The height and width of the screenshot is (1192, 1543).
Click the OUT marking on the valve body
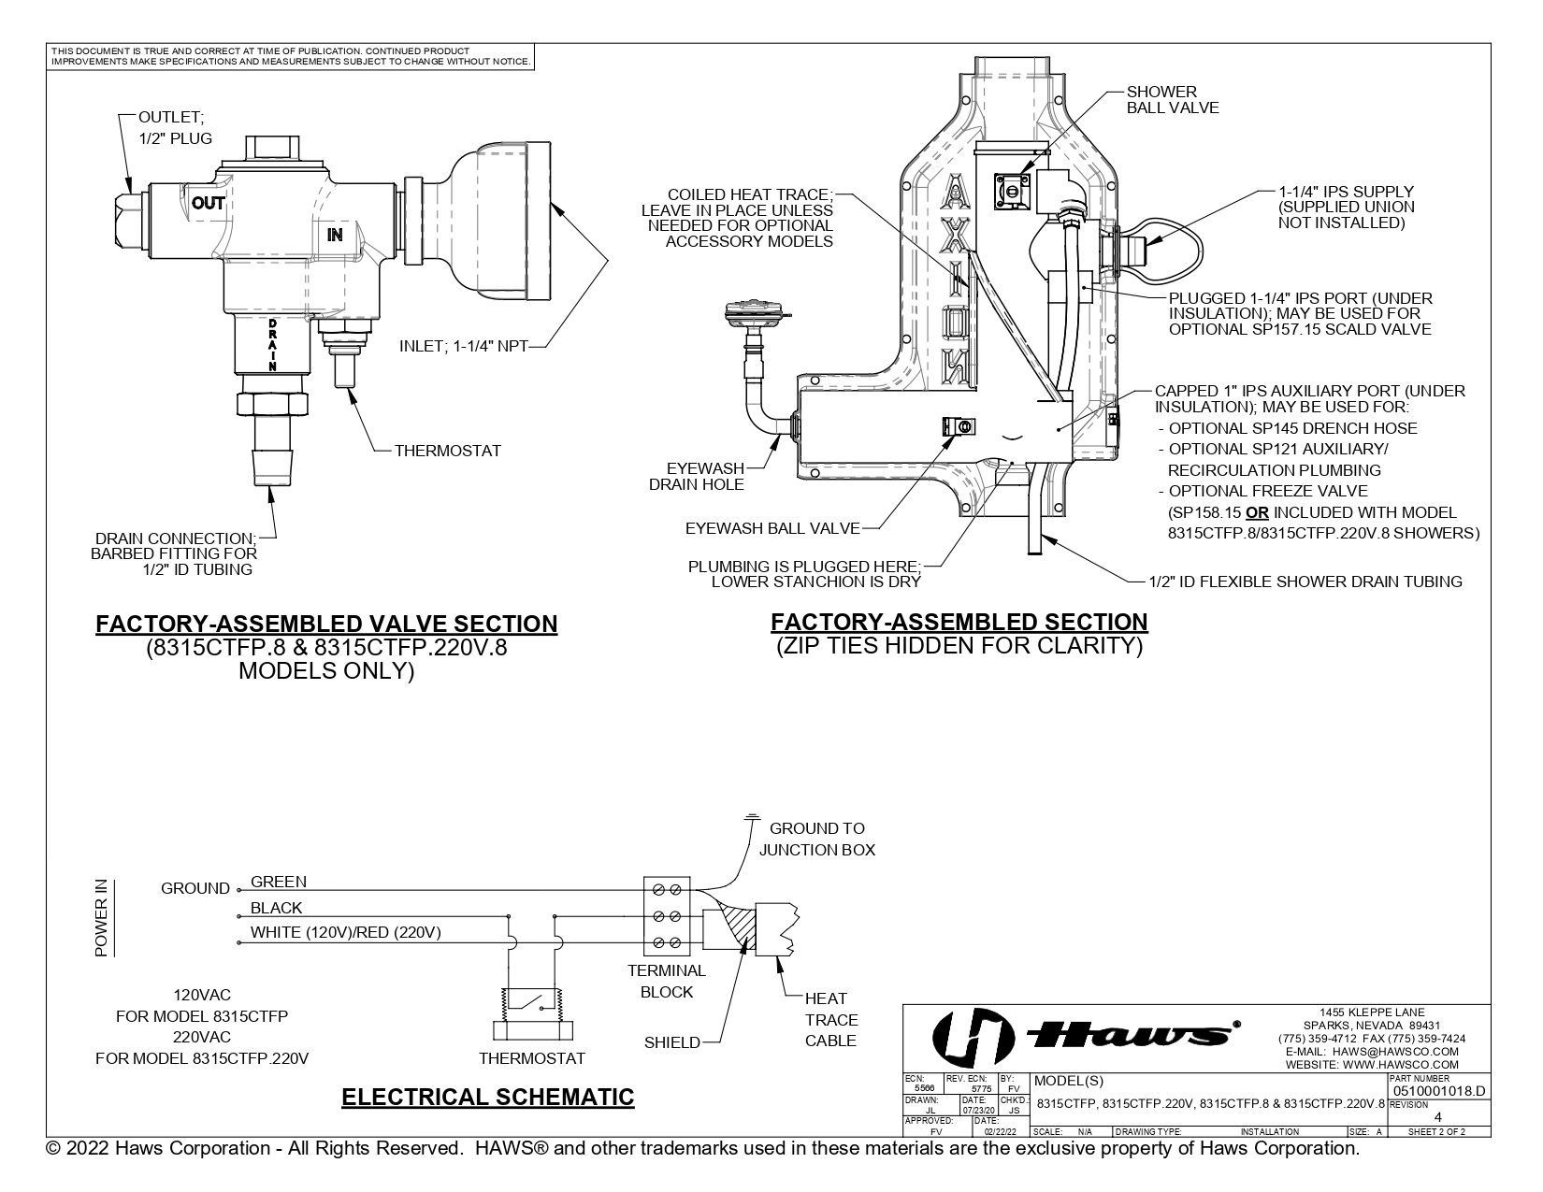(x=209, y=203)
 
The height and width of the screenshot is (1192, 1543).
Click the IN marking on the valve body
(x=335, y=235)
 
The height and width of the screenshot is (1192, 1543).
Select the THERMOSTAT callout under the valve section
(x=447, y=451)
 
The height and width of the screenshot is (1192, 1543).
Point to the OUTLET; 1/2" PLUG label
(x=175, y=127)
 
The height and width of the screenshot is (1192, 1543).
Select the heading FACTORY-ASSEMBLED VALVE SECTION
(x=326, y=624)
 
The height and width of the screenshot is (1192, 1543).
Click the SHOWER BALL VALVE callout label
(x=1172, y=99)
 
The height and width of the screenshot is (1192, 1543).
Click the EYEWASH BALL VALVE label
(x=772, y=528)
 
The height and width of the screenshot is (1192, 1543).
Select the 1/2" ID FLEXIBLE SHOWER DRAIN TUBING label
(x=1305, y=582)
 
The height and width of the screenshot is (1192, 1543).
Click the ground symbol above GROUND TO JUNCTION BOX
(x=750, y=819)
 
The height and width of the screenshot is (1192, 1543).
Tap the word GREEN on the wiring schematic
(x=278, y=882)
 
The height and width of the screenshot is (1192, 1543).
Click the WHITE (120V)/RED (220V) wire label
(x=345, y=932)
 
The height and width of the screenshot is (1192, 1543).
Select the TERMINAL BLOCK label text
(x=666, y=981)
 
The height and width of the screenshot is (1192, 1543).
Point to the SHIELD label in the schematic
(x=671, y=1042)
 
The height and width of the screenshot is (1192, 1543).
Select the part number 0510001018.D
(x=1437, y=1091)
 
